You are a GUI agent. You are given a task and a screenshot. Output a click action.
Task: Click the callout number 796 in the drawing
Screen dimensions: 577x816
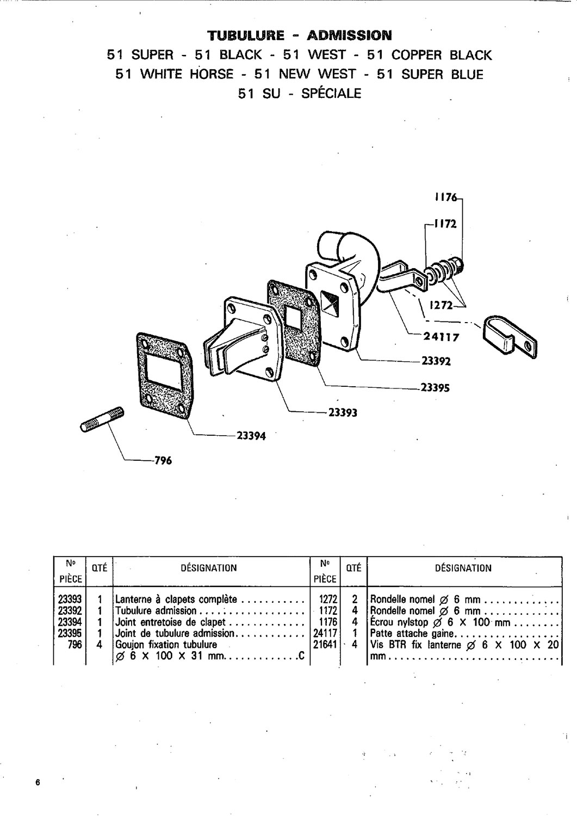tap(163, 461)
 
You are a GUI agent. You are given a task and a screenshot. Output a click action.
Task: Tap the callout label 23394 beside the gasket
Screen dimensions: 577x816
tap(251, 436)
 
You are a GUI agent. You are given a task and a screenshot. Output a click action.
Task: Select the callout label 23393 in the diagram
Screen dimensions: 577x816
tap(343, 413)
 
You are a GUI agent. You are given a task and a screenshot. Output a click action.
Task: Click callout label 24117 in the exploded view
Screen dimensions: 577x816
tap(441, 337)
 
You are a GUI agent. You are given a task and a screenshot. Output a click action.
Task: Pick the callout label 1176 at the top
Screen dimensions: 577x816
tap(446, 197)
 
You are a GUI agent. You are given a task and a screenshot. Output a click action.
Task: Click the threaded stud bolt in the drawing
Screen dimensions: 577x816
tap(102, 419)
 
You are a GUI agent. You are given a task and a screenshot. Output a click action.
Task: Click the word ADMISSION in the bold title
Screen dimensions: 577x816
tap(349, 35)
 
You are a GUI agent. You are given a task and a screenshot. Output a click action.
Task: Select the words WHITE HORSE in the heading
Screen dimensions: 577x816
tap(187, 75)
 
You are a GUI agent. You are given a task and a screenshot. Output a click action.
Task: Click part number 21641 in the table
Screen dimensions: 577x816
tap(325, 645)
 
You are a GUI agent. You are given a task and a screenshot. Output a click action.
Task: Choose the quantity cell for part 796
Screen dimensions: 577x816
tap(99, 645)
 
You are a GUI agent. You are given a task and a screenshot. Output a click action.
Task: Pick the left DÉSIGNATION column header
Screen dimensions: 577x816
tap(209, 568)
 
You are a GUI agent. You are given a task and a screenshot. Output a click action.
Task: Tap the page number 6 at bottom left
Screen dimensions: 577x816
tap(38, 782)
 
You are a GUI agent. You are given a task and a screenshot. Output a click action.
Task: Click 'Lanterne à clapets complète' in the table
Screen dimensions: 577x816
tap(176, 599)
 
